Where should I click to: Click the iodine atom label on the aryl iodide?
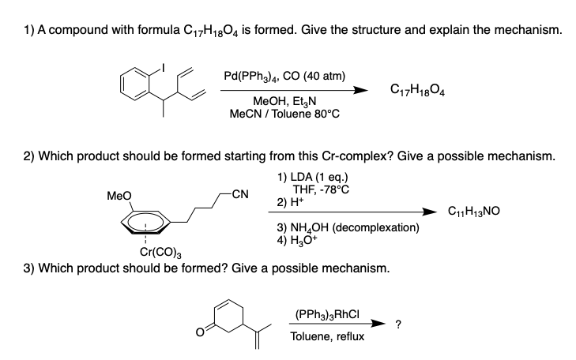point(163,68)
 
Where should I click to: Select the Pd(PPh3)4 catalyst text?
point(250,77)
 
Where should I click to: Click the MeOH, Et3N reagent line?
point(284,101)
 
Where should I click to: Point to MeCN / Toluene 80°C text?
point(284,114)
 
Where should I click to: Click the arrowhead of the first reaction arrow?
point(361,90)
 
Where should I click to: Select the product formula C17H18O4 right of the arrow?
point(417,89)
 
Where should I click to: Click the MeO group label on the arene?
point(119,196)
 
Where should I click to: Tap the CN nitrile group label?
point(240,193)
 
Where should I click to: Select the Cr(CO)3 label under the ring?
point(160,253)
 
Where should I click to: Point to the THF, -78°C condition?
point(321,189)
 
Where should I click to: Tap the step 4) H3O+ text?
point(297,240)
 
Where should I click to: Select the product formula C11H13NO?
point(474,211)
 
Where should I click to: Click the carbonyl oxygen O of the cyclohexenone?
point(199,332)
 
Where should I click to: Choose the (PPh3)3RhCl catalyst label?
point(327,315)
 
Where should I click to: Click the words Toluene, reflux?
point(327,336)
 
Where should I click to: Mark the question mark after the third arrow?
point(398,324)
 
